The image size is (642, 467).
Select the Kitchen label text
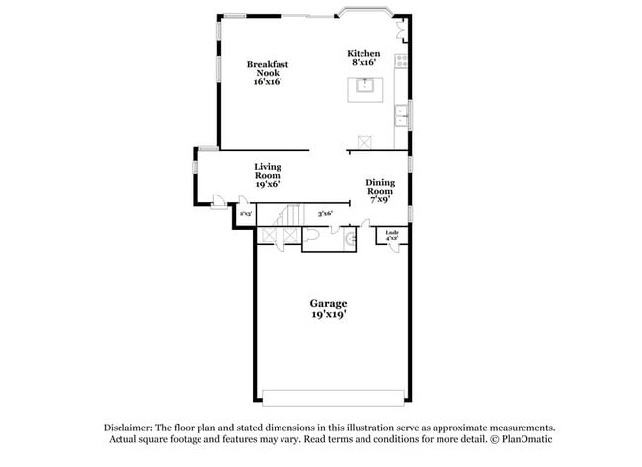point(362,53)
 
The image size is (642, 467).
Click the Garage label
point(329,303)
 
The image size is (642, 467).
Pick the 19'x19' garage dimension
point(329,315)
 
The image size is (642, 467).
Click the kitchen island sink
point(364,87)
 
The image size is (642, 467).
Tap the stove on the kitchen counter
point(401,61)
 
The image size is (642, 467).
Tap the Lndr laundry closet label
point(392,234)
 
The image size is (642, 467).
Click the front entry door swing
point(218,203)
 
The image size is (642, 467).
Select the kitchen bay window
point(366,14)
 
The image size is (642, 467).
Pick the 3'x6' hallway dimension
point(325,214)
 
